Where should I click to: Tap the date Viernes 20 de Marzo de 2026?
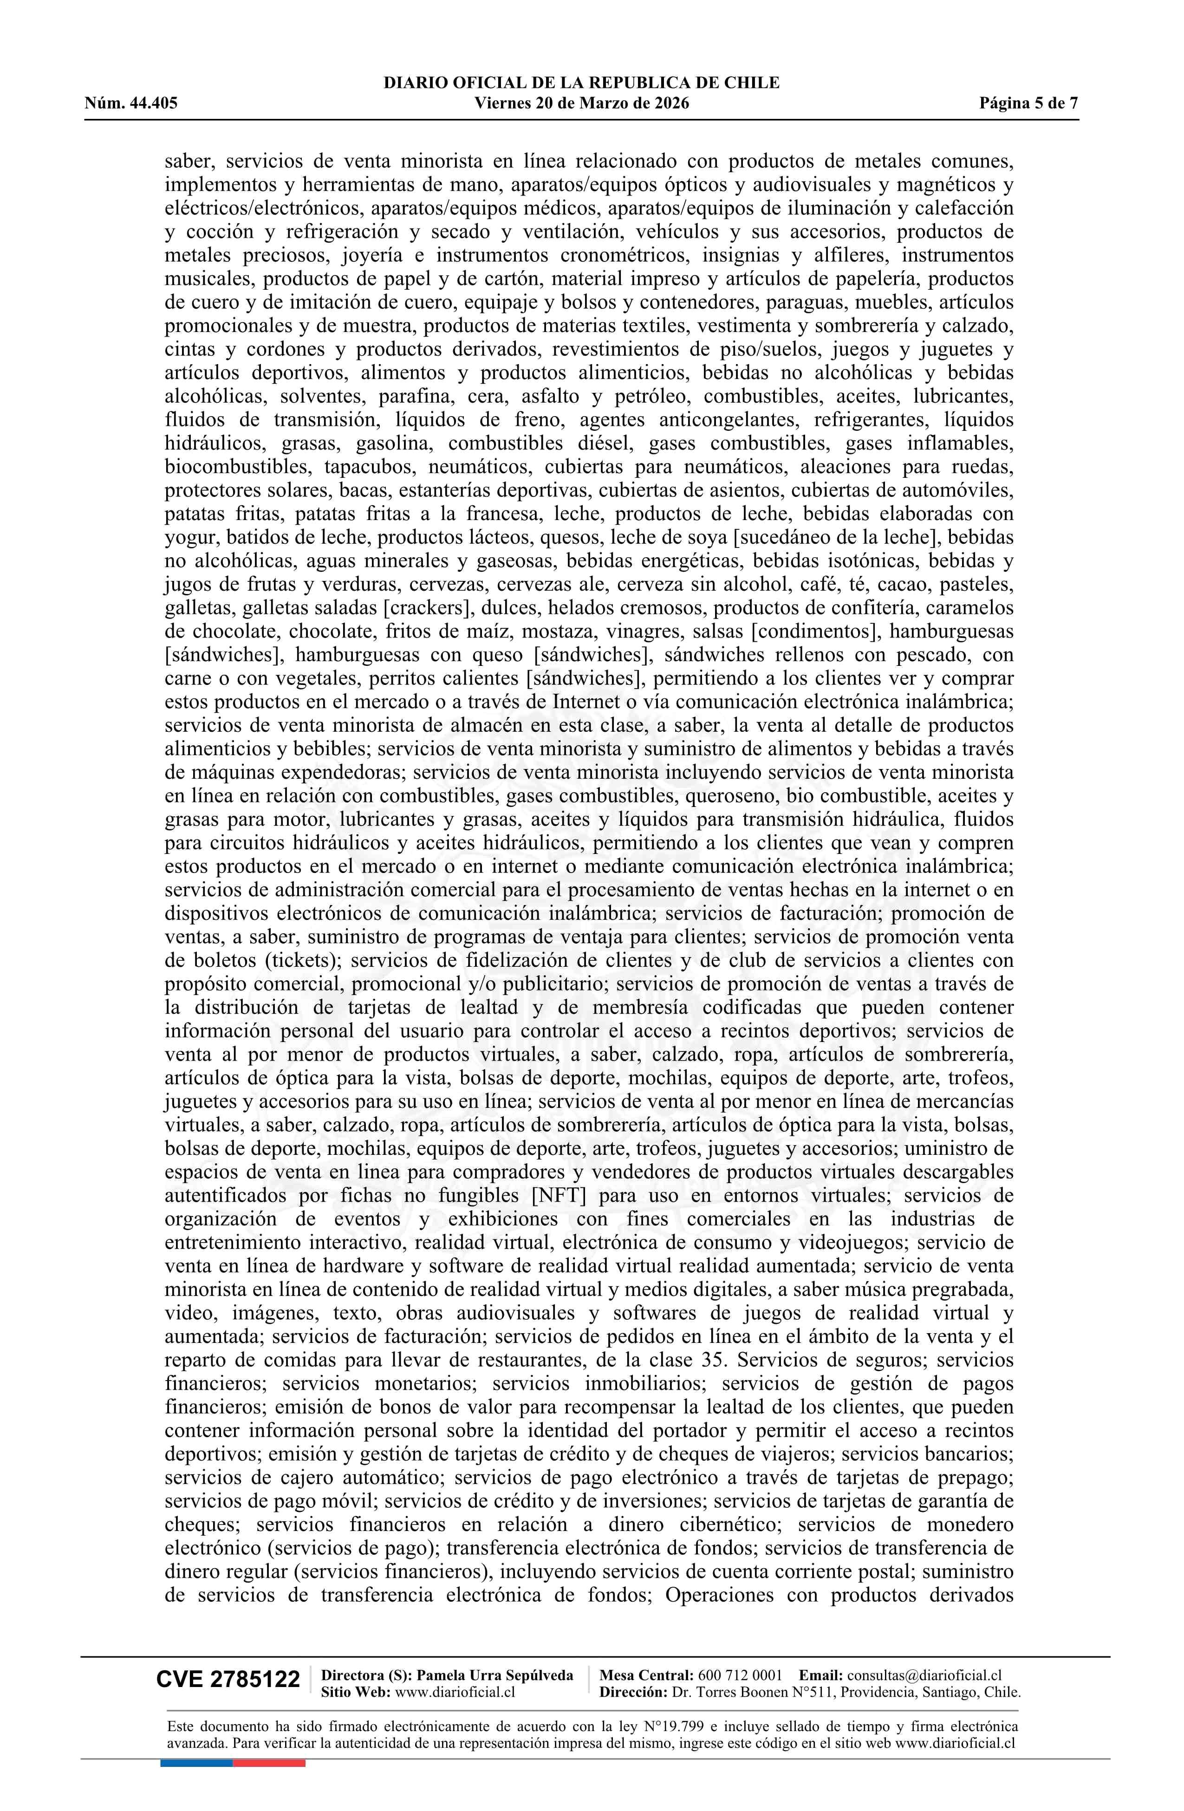point(581,104)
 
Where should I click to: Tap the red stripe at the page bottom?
point(269,1763)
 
